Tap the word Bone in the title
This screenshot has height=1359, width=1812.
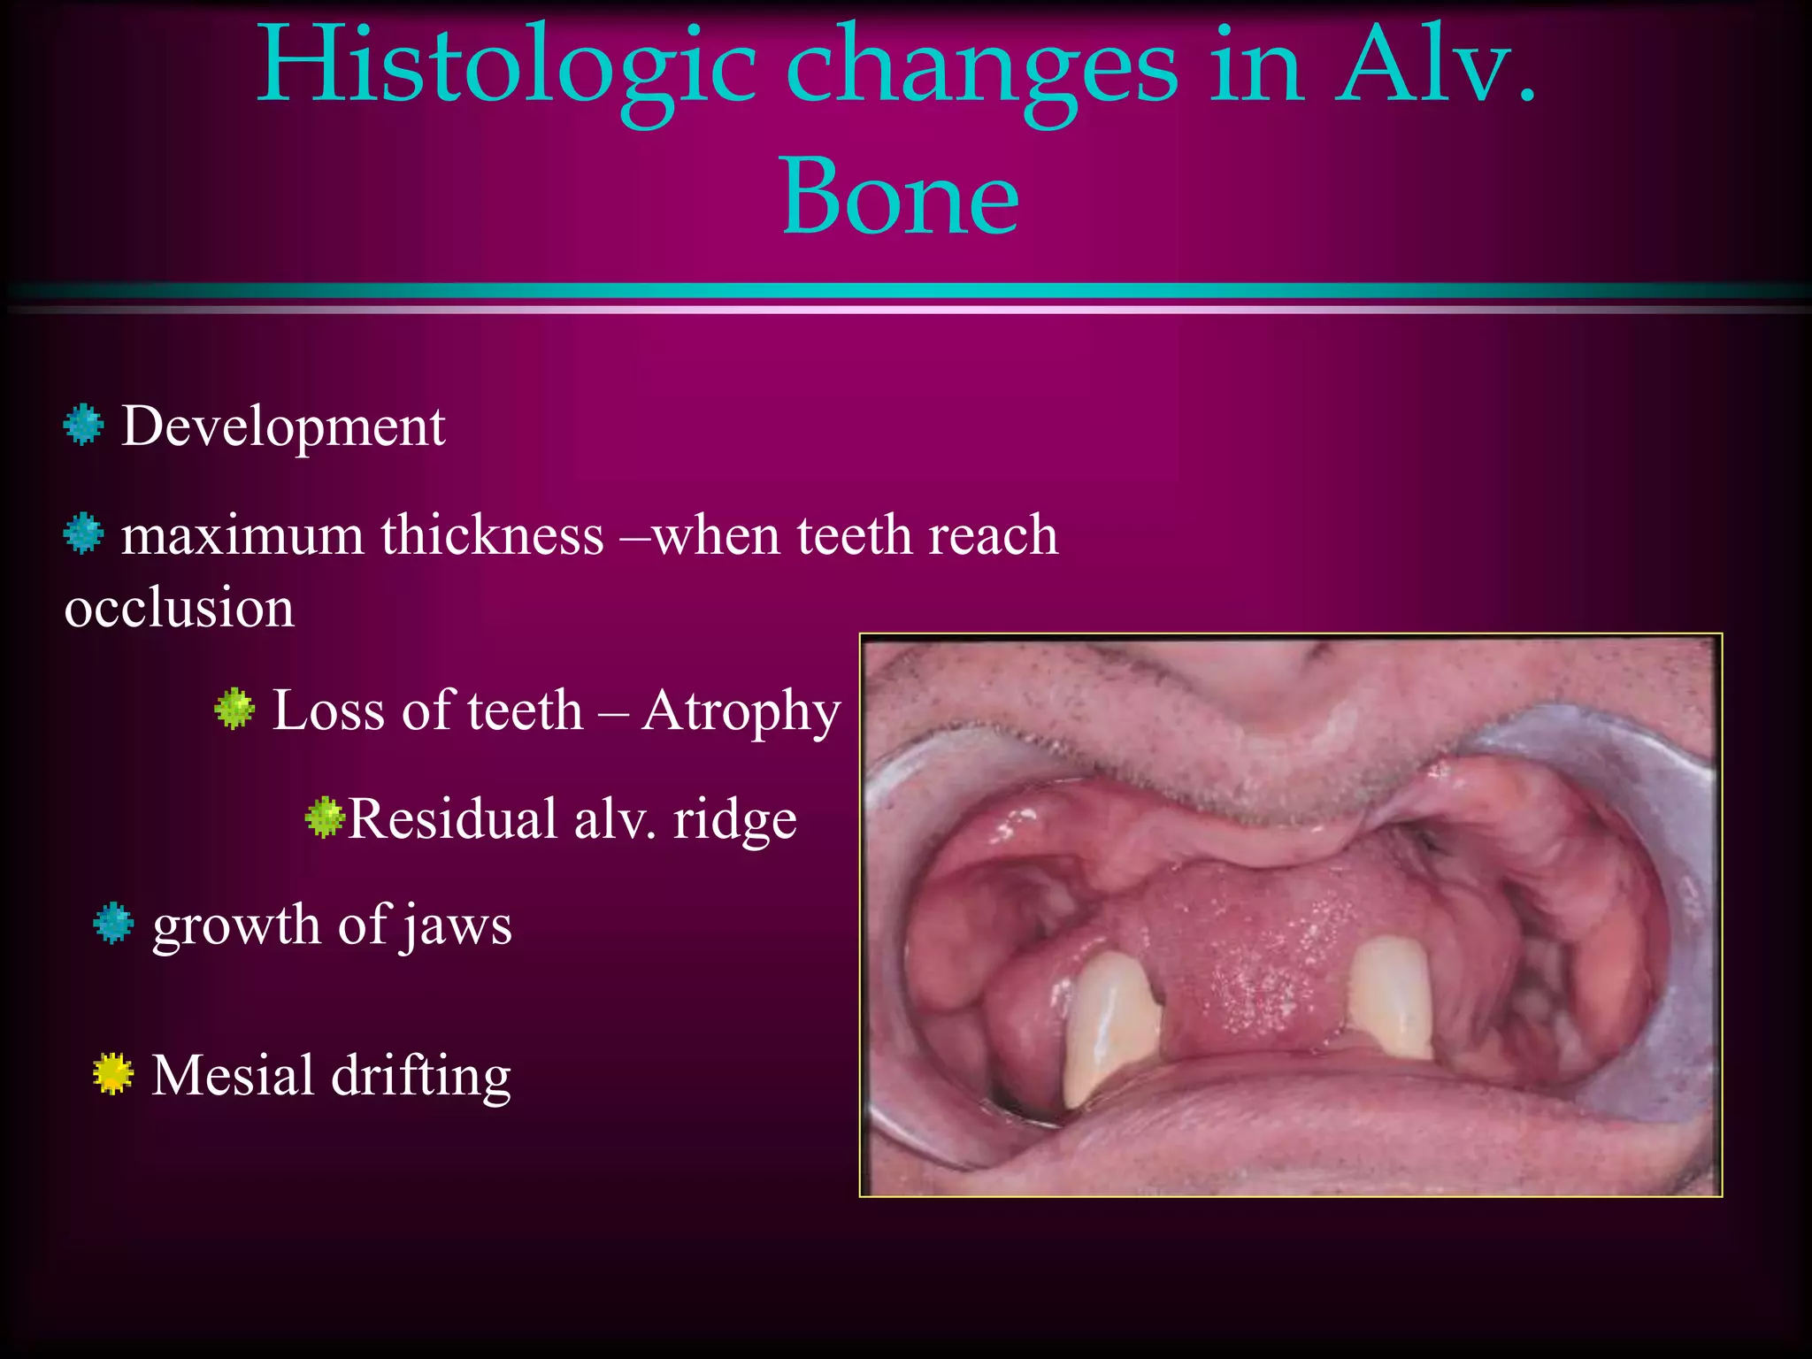900,196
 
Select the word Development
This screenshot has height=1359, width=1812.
283,426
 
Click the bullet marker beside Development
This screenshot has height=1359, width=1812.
84,426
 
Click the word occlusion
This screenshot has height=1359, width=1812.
179,609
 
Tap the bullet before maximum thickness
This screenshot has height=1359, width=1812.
84,534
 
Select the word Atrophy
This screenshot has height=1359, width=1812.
741,711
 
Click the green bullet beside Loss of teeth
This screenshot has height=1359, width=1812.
234,710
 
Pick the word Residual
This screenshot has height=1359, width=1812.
452,819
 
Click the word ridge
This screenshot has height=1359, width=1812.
734,819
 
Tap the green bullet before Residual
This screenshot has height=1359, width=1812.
325,818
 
